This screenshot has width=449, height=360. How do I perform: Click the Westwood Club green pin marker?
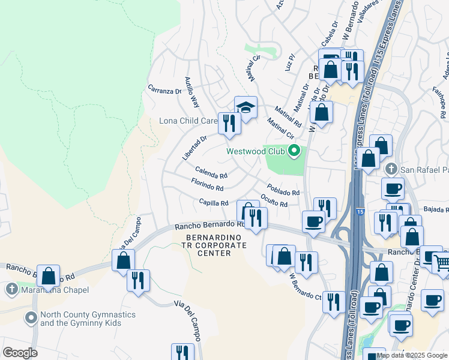tap(294, 151)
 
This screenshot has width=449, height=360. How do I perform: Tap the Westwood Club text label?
tap(256, 151)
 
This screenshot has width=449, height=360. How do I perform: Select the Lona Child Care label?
tap(187, 121)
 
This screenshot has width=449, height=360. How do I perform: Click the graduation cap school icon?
tap(246, 107)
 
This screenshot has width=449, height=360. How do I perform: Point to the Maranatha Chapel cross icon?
tap(11, 290)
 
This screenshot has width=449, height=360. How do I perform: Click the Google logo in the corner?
tap(20, 353)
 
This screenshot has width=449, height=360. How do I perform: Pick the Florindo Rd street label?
tap(206, 184)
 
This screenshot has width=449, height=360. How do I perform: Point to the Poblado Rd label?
tap(283, 189)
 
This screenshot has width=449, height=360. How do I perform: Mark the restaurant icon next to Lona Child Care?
tap(229, 123)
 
